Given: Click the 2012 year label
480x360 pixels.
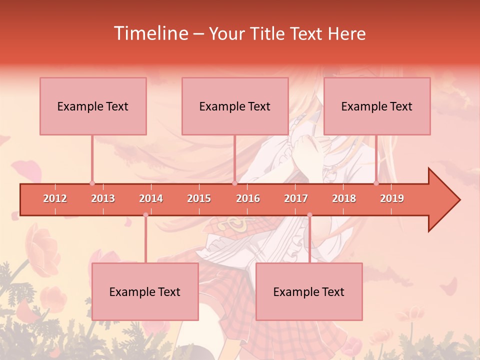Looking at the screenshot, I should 55,198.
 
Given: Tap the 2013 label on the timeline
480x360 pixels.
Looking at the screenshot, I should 103,198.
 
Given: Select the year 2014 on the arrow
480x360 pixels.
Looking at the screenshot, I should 151,198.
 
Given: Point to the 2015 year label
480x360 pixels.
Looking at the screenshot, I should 199,198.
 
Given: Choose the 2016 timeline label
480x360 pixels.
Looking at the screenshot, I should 248,198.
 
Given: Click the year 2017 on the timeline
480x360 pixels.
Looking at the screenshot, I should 296,198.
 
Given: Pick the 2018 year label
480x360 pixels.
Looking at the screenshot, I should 344,198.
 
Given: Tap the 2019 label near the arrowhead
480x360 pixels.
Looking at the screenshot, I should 392,198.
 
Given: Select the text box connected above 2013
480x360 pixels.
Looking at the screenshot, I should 93,106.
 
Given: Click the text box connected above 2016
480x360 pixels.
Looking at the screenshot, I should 235,106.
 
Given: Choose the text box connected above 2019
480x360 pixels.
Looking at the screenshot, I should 377,106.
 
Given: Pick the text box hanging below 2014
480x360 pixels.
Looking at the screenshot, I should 145,291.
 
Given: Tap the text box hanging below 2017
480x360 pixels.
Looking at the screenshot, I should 309,291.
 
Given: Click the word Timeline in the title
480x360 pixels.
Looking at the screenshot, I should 150,33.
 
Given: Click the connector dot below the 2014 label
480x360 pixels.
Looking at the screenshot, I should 145,215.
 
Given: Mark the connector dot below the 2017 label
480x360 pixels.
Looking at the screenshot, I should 309,215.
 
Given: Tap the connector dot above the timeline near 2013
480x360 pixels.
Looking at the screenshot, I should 92,183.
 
